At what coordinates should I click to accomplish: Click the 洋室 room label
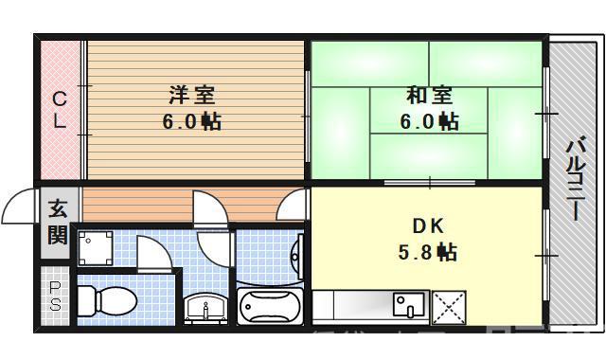(x=192, y=96)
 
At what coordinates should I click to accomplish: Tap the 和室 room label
(x=429, y=96)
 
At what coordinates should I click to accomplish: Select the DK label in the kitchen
(x=427, y=225)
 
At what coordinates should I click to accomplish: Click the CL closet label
(x=59, y=109)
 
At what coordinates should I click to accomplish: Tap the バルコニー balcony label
(x=575, y=181)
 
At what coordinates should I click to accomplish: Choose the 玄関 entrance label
(x=58, y=221)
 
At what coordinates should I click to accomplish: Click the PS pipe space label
(x=56, y=296)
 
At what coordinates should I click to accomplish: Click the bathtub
(x=270, y=306)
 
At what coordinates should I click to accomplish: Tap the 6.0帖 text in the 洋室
(x=192, y=122)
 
